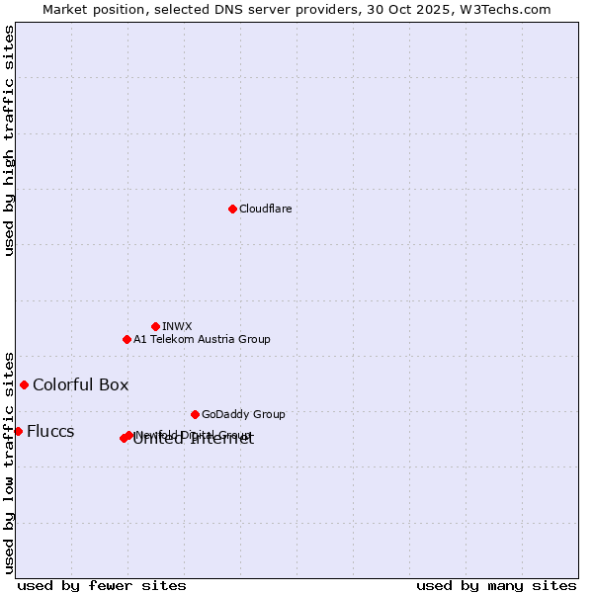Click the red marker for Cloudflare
232,209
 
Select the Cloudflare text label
265,209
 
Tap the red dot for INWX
155,326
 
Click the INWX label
177,326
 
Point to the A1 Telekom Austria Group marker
127,339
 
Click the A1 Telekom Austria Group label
202,339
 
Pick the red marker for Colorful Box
24,384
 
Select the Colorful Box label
80,384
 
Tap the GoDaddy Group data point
195,414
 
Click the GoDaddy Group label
243,414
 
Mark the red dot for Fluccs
18,431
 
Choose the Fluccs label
50,431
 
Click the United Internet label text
194,441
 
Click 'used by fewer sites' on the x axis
102,585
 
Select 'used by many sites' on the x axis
496,585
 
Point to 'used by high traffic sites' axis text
9,140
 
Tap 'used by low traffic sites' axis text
9,462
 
